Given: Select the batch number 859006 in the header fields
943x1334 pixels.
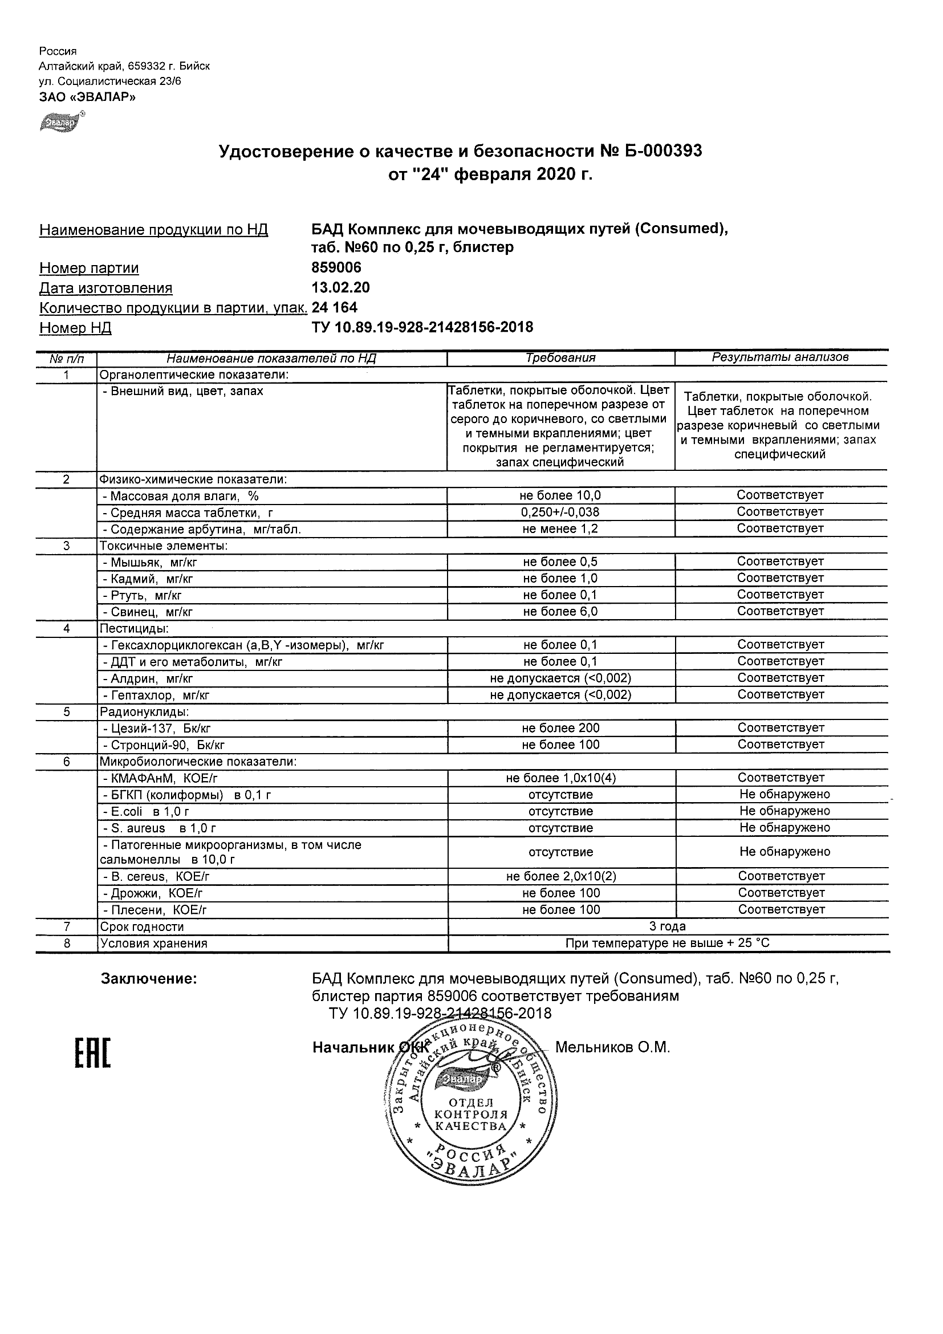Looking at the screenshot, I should point(336,268).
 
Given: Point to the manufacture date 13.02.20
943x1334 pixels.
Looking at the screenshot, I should point(340,287).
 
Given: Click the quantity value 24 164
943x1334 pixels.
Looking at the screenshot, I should point(335,307).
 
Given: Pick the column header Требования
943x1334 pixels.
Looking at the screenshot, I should point(560,358).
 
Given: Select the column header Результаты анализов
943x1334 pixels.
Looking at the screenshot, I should point(781,357).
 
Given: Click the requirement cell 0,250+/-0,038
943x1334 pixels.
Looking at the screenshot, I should point(560,513).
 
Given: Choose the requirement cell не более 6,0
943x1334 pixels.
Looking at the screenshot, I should point(560,612).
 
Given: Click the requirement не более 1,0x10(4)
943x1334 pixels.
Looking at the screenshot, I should point(560,778).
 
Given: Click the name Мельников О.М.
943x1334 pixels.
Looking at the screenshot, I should point(612,1048).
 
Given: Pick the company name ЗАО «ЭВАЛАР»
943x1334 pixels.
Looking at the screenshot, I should point(87,97).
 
